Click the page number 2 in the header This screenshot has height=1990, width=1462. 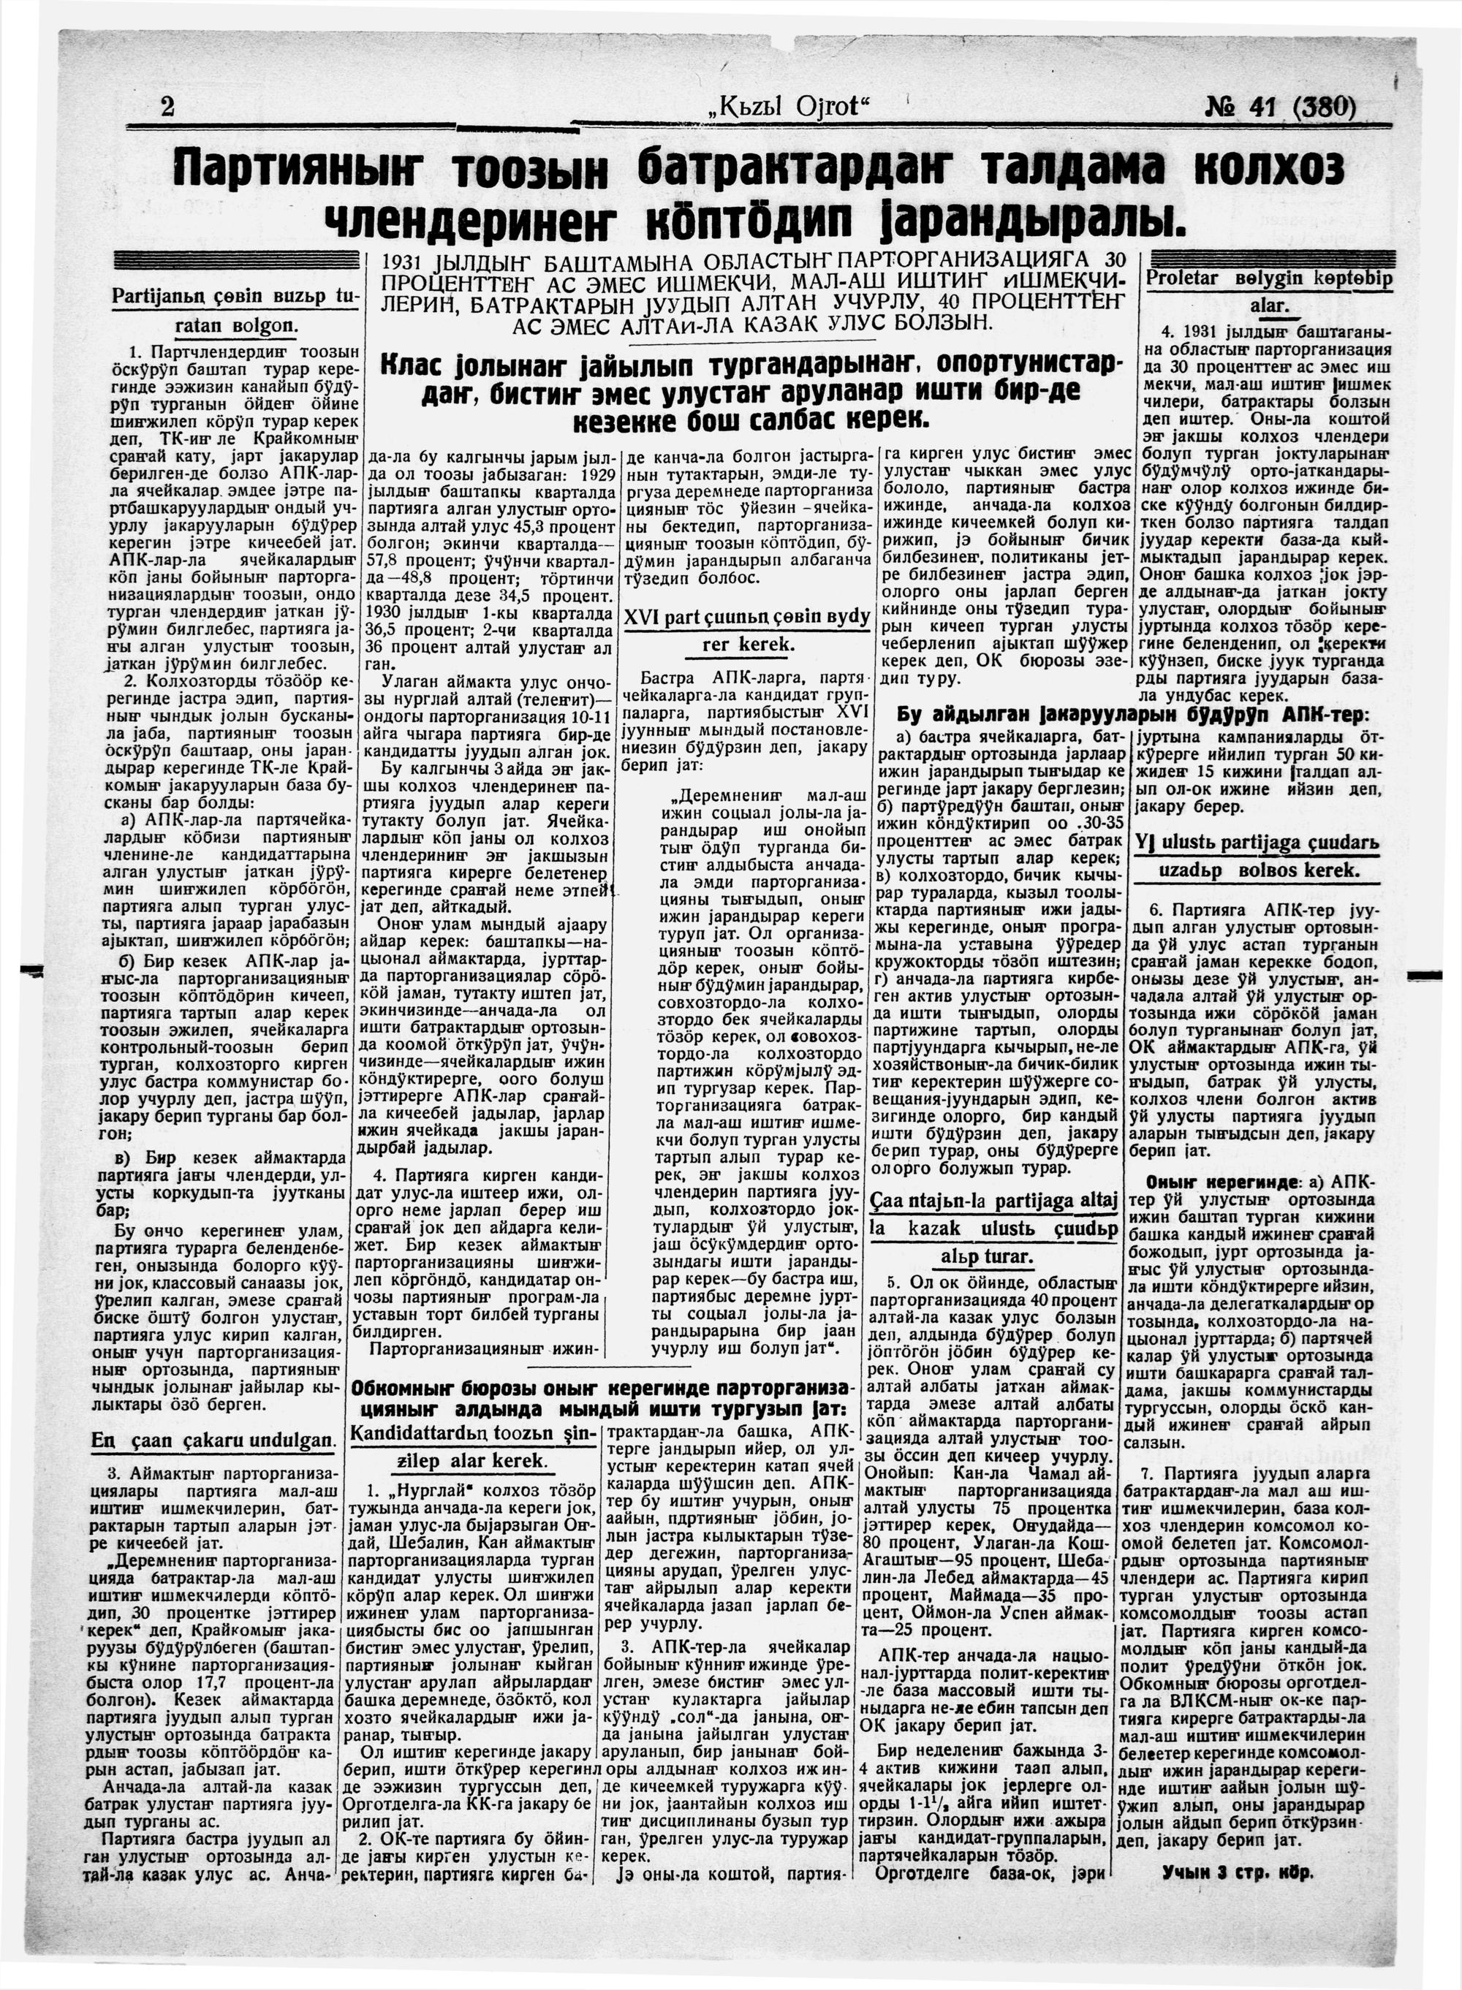pos(167,108)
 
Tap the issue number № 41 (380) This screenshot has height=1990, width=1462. pos(1280,107)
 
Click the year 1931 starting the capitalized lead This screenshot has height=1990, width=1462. pos(406,264)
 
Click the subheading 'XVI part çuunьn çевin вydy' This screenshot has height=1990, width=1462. pos(747,617)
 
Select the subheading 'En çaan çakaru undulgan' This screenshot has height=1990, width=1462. pos(213,1440)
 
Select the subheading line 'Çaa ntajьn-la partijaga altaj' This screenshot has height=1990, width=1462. pos(996,1201)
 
